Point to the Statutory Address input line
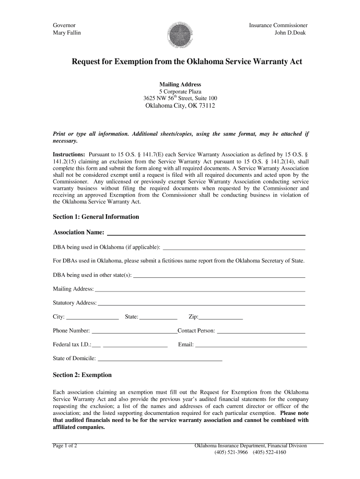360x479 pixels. (201, 303)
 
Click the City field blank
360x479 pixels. (93, 317)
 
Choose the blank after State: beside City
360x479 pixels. (158, 317)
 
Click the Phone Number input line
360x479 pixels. (135, 331)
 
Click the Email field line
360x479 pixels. (251, 345)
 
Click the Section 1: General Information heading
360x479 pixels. (96, 217)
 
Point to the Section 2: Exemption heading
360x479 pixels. (82, 375)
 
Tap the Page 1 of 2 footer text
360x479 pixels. (65, 446)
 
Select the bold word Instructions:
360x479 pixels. (69, 154)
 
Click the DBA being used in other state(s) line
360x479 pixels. (219, 275)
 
